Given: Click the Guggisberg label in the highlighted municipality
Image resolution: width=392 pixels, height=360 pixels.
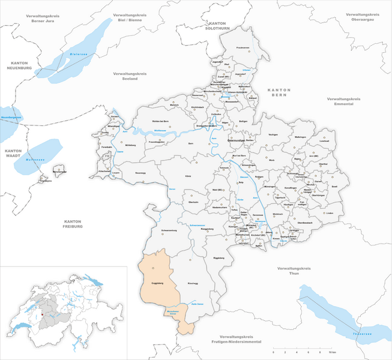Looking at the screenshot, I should (x=154, y=281).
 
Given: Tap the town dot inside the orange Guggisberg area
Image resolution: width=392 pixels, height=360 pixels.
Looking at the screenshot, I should (x=153, y=268).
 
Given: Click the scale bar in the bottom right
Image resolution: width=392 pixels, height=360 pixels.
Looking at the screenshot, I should (x=295, y=349).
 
